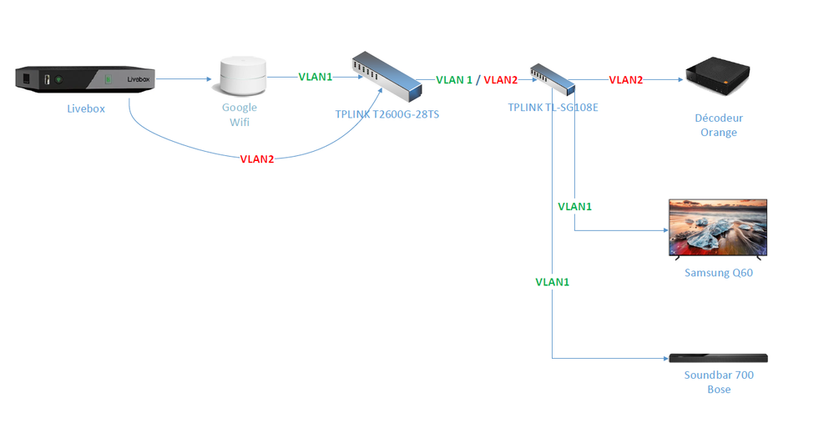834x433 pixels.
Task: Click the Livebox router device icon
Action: [85, 80]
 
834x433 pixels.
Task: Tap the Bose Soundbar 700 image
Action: [718, 358]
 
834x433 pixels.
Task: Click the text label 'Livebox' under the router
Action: [86, 108]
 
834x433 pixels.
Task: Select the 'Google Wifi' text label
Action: [240, 115]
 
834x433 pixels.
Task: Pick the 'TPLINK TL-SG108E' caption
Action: [553, 108]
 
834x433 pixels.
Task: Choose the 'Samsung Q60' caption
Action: [718, 273]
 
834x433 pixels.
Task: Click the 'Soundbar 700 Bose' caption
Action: [718, 382]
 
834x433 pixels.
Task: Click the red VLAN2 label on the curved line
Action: [257, 159]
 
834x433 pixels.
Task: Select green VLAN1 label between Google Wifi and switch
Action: [316, 77]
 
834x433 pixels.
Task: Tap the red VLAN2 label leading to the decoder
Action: [625, 80]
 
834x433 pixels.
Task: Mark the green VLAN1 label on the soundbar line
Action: [553, 282]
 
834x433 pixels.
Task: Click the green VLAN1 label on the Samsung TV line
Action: [574, 206]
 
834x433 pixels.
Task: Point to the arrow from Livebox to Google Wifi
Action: [183, 79]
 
